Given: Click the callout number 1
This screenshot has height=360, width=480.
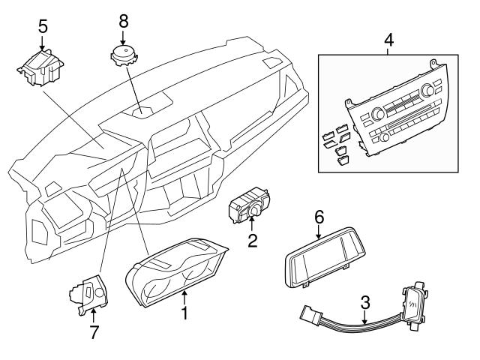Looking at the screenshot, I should click(x=184, y=310).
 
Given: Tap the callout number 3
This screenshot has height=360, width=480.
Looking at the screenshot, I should click(x=365, y=304).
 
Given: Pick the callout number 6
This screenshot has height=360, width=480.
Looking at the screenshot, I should click(x=319, y=216).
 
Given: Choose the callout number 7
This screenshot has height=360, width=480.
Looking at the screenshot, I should click(x=94, y=331).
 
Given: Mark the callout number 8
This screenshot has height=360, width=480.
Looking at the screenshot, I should click(x=124, y=19).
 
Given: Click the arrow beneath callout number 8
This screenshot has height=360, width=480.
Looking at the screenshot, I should click(x=124, y=36).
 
